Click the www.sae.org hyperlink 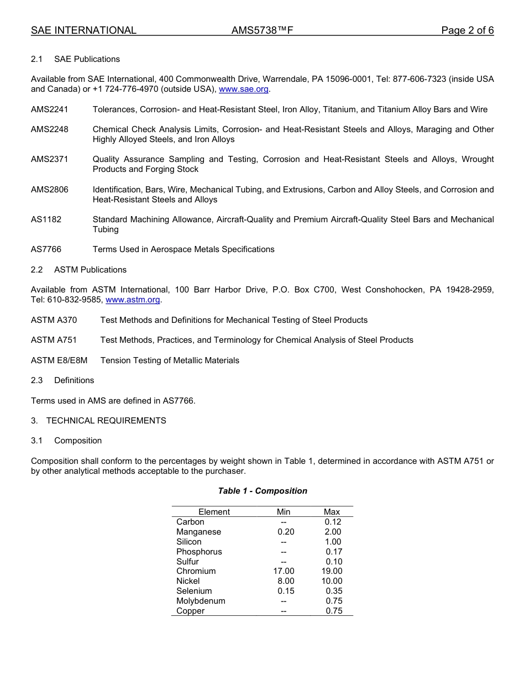[x=243, y=89]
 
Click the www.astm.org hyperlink [x=133, y=300]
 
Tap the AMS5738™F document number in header [x=262, y=30]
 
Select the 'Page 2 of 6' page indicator [x=467, y=30]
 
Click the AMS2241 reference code [x=50, y=109]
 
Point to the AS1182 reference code [x=46, y=219]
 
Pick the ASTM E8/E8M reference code [x=59, y=360]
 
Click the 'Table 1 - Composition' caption [x=262, y=491]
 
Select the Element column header [x=214, y=512]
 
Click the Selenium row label [x=194, y=591]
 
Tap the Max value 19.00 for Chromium [x=332, y=571]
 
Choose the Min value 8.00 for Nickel [x=286, y=581]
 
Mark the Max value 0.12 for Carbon [x=333, y=522]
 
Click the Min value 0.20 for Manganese [x=286, y=532]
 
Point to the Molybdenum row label [x=201, y=601]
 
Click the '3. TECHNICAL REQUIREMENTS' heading [x=98, y=421]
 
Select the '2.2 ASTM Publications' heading [x=79, y=270]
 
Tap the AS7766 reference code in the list [x=46, y=249]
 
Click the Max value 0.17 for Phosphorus [x=334, y=552]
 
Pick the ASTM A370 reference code [x=54, y=320]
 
